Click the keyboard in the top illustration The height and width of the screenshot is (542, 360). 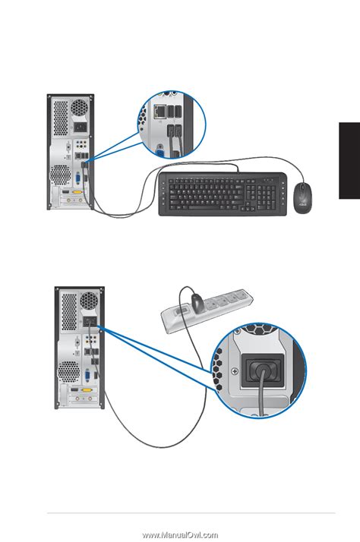point(219,194)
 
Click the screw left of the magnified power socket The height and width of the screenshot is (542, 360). point(233,370)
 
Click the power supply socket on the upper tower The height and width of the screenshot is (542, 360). point(78,128)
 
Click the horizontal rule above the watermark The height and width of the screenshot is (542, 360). point(191,514)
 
